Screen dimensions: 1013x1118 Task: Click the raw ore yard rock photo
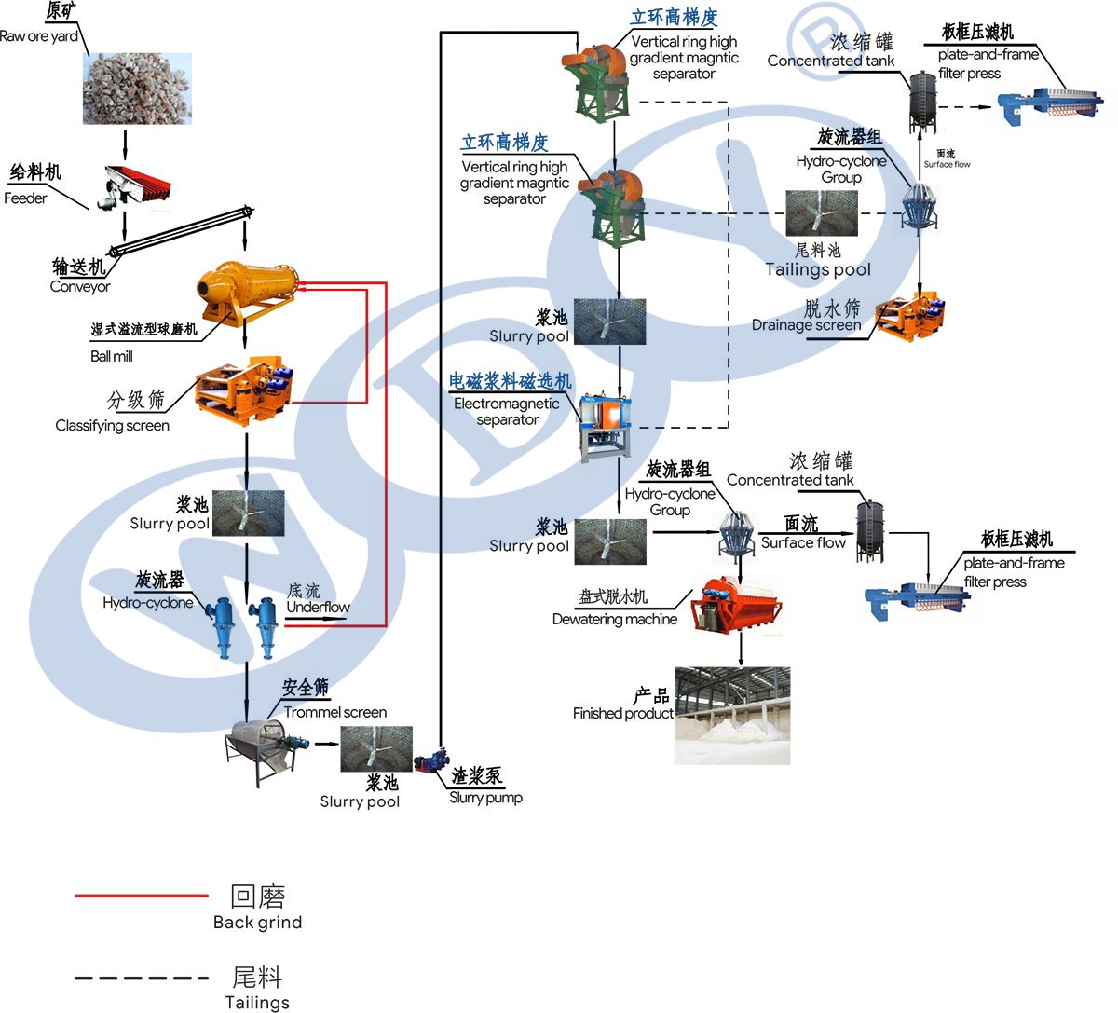pos(137,89)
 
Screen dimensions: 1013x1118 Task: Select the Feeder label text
pos(25,198)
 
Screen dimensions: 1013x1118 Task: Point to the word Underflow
pos(318,608)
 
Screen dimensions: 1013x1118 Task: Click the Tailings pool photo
pos(821,213)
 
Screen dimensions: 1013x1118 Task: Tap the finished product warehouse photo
pos(732,716)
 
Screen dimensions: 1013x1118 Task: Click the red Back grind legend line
pos(141,897)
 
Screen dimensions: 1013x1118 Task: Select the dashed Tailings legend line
pos(141,979)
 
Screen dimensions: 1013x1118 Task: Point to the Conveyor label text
pos(80,287)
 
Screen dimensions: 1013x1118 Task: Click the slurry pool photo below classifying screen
pos(248,513)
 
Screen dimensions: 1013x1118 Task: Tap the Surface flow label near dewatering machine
pos(803,542)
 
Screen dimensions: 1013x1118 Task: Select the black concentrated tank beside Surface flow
pos(870,530)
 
